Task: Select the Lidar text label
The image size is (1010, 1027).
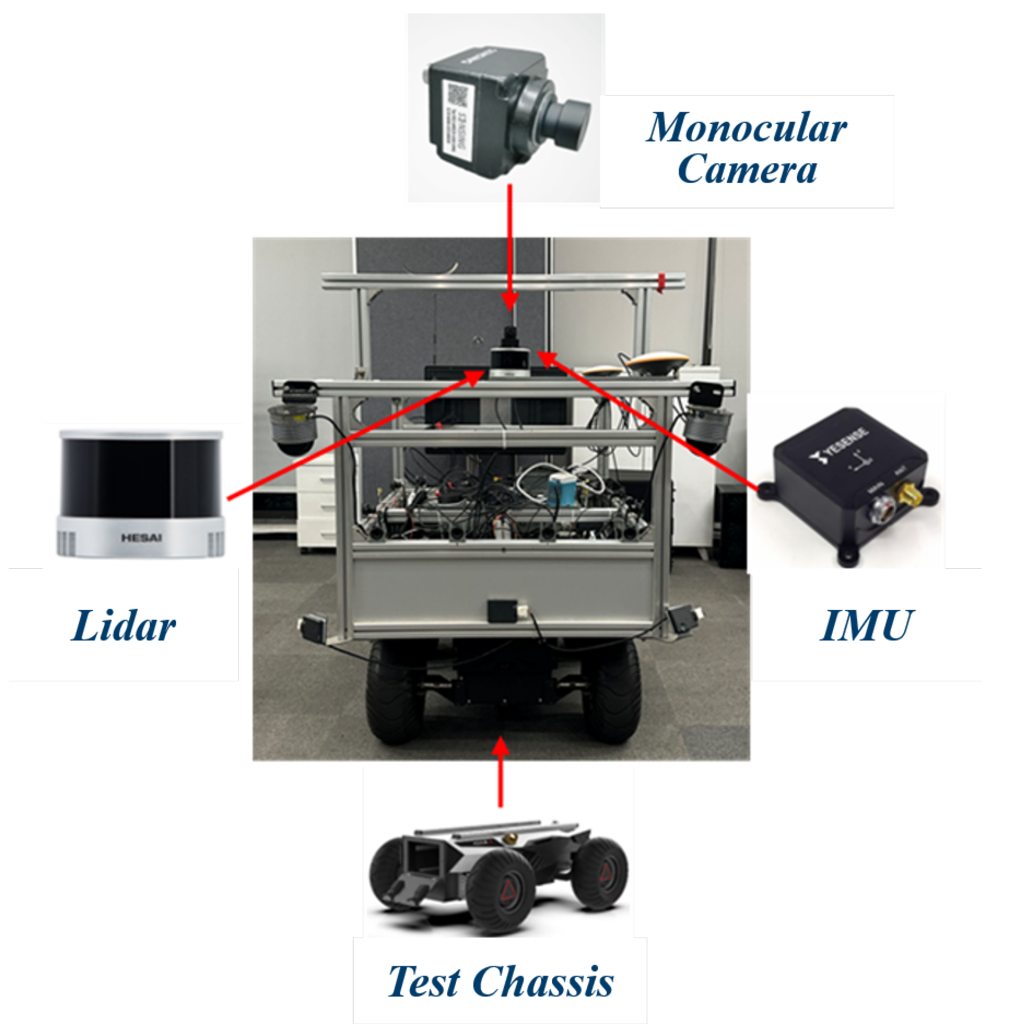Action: pyautogui.click(x=123, y=626)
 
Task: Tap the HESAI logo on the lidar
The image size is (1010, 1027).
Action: pyautogui.click(x=140, y=538)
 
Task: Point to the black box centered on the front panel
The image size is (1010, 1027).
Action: pyautogui.click(x=502, y=610)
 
